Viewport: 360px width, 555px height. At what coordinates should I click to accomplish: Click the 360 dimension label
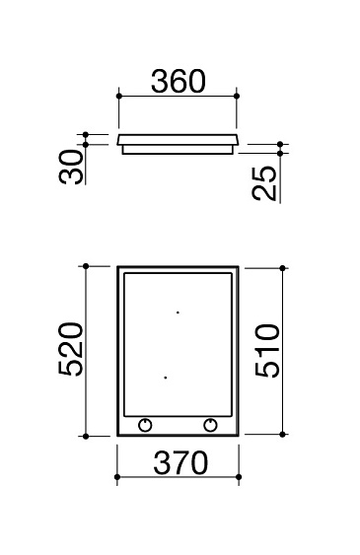[x=179, y=82]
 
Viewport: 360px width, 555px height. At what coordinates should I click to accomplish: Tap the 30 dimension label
[x=71, y=167]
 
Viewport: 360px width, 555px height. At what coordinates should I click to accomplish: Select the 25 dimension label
[x=264, y=183]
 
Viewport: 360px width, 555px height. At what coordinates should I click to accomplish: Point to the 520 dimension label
[x=71, y=349]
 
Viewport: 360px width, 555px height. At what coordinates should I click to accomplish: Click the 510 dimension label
[x=267, y=350]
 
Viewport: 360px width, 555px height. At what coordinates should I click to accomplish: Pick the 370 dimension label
[x=180, y=462]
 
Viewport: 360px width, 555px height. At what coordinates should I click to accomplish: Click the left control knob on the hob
[x=145, y=425]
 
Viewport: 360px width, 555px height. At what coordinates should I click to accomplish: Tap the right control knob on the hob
[x=211, y=425]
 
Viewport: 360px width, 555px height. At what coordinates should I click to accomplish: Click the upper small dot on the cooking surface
[x=178, y=312]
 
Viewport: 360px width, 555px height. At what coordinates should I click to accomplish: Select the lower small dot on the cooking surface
[x=166, y=378]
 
